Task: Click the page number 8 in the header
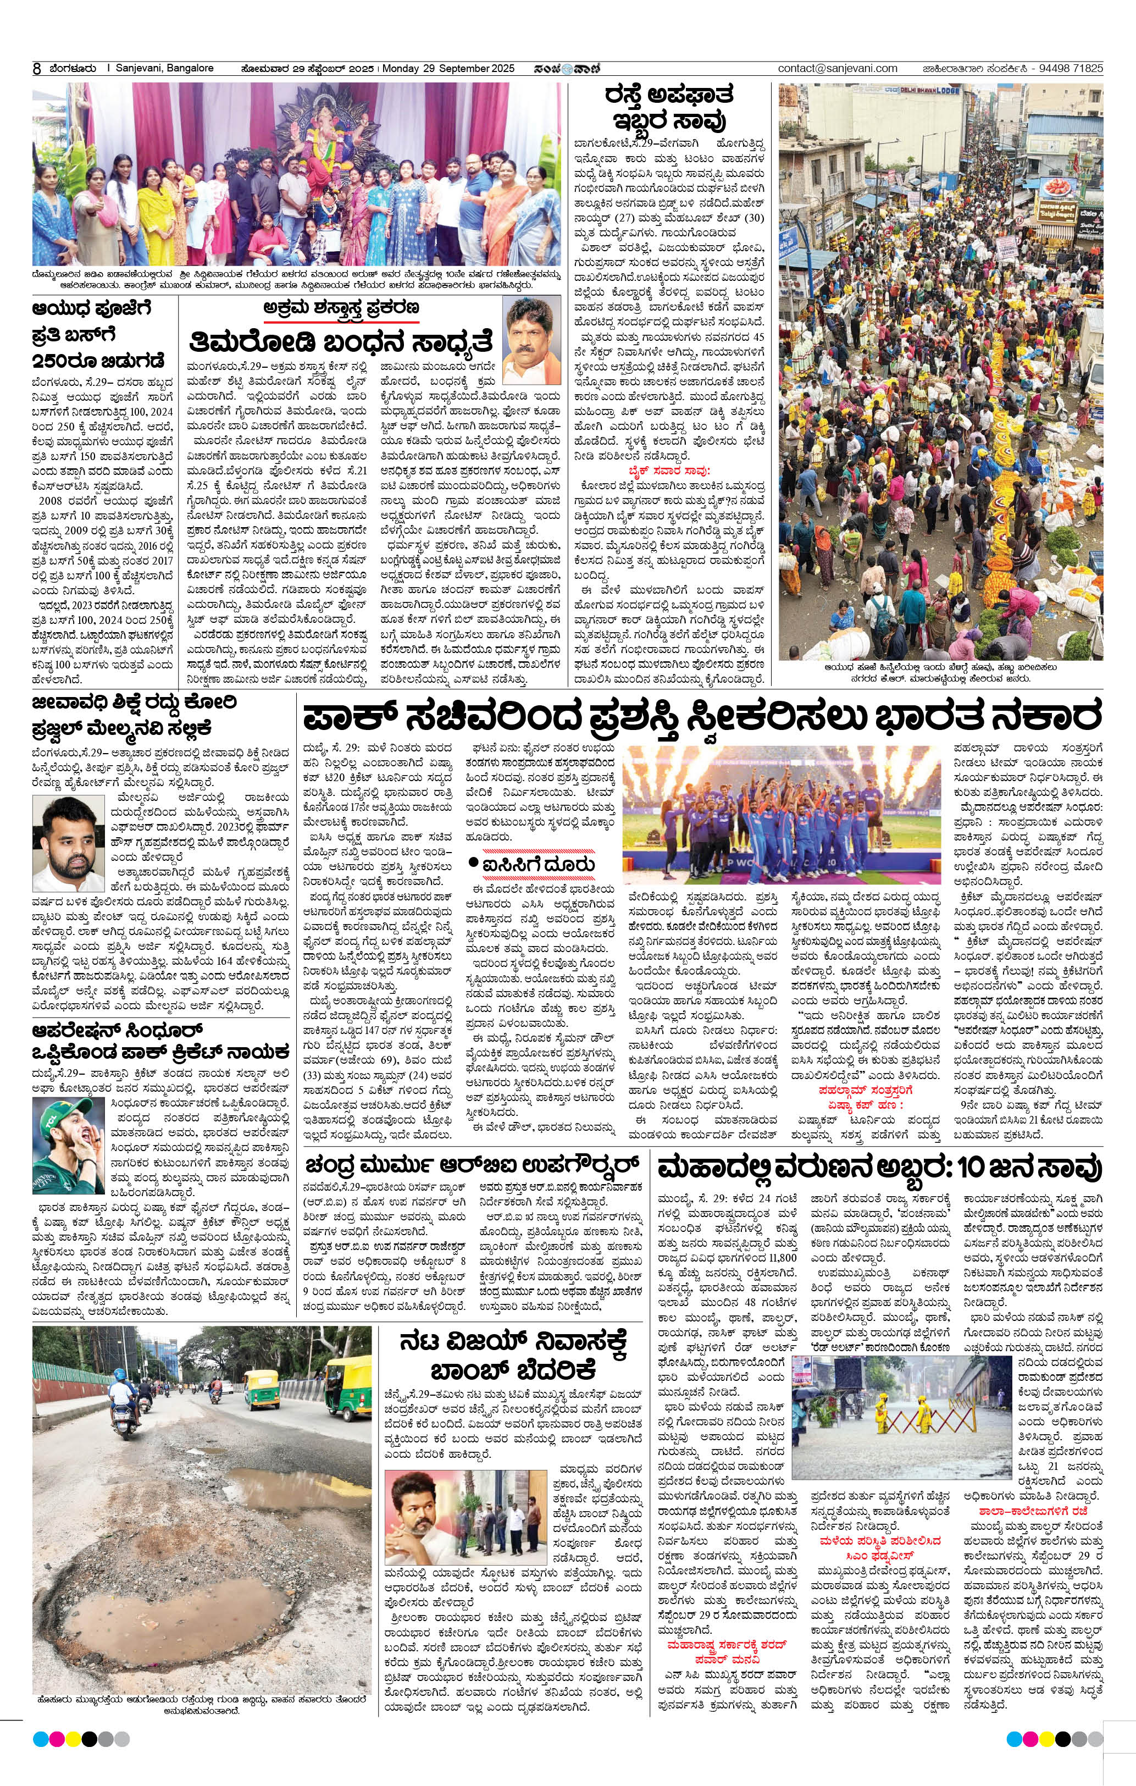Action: click(x=36, y=69)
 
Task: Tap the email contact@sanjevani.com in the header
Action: click(x=837, y=68)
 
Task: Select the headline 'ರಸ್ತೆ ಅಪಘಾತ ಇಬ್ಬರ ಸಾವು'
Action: click(x=669, y=108)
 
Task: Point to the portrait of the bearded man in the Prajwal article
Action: click(x=68, y=843)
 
